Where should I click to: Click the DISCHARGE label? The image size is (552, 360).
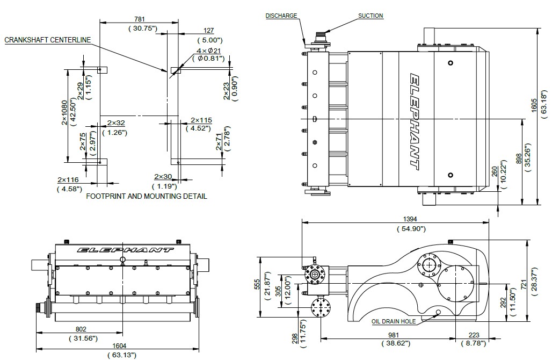coord(281,16)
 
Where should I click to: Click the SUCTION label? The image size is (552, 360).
coord(371,16)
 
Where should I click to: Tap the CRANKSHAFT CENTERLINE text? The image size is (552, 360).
coord(48,40)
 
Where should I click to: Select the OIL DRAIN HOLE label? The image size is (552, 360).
coord(394,321)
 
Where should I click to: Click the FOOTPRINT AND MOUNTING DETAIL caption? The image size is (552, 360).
coord(147,196)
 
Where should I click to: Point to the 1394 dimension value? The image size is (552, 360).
coord(410,219)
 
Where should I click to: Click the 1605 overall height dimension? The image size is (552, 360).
coord(534,106)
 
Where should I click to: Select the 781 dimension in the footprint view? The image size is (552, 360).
coord(140,19)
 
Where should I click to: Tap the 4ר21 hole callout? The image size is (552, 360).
coord(208,51)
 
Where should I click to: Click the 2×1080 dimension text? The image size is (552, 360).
coord(64,113)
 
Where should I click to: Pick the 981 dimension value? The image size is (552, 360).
coord(394,335)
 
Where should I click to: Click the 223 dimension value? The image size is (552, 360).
coord(474,335)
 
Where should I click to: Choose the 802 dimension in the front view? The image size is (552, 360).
coord(81,329)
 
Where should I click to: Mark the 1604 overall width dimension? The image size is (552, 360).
coord(119,346)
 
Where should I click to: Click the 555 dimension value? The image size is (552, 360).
coord(257,284)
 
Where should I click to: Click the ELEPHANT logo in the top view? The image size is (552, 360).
coord(415,122)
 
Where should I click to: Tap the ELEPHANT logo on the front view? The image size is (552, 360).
coord(125,250)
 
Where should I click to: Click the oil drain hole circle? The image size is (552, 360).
coord(438,312)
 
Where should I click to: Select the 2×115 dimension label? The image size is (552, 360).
coord(201,120)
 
